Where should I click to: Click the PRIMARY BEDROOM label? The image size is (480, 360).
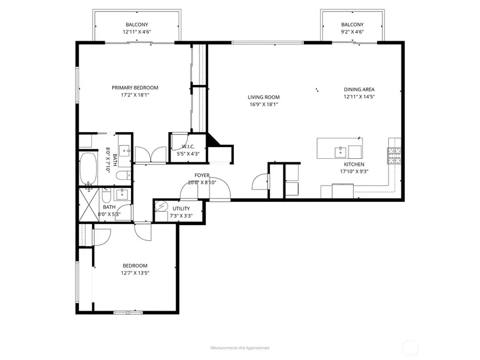pos(135,88)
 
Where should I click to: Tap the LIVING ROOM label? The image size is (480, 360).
pos(264,97)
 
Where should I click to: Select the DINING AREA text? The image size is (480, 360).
pos(359,90)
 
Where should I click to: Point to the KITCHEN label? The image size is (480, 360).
pos(354,165)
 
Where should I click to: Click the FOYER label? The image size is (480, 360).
pos(202,176)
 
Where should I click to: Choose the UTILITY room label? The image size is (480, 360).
pos(181,209)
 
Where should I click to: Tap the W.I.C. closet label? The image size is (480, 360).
pos(188,147)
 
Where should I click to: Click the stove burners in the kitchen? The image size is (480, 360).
pos(394,156)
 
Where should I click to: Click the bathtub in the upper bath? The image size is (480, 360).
pos(88,169)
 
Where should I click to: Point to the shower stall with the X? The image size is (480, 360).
pos(89,205)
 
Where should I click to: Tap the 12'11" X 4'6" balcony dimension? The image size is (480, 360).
pos(137,32)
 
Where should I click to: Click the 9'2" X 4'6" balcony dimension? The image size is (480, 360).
pos(353,32)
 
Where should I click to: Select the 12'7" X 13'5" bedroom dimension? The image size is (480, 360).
pos(135,273)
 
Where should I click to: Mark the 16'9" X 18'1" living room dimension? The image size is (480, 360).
pos(264,105)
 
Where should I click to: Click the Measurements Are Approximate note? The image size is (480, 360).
pos(240,348)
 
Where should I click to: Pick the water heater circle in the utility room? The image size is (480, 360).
pos(160,206)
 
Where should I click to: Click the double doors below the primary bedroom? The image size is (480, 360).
pos(150,155)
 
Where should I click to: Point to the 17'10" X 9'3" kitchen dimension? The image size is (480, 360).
pos(354,172)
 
